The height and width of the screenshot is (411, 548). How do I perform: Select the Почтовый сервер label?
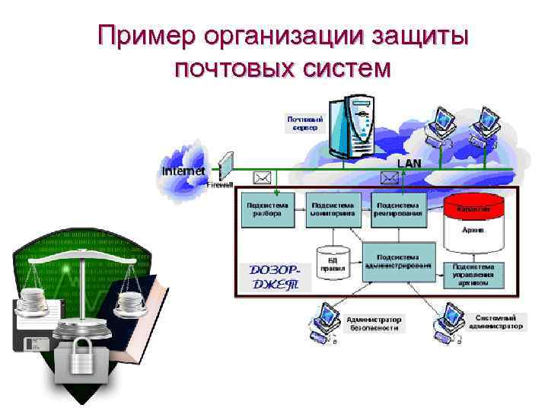pyautogui.click(x=306, y=123)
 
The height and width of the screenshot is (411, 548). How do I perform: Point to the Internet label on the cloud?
pyautogui.click(x=183, y=171)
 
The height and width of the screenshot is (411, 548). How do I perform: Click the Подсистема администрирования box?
pyautogui.click(x=398, y=261)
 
